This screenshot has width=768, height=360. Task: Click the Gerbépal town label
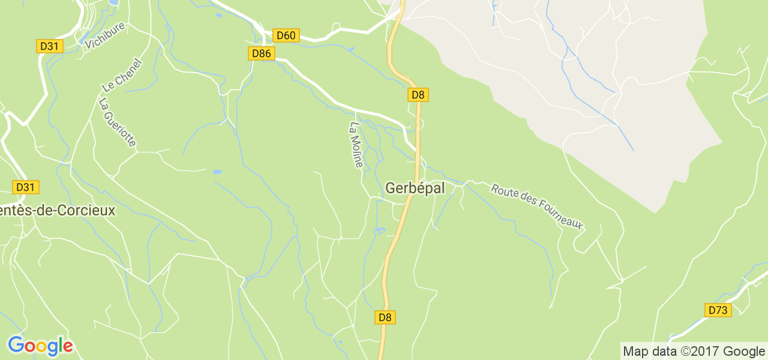[415, 188]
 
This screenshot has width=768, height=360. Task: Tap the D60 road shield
[286, 35]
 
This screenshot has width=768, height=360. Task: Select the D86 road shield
[262, 54]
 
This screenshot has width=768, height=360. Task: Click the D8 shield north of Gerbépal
[418, 94]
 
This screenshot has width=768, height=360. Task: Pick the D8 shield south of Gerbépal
[385, 317]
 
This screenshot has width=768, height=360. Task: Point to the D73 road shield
[718, 310]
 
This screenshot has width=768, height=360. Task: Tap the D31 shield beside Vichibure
[50, 46]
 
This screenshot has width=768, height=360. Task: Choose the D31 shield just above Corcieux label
[26, 187]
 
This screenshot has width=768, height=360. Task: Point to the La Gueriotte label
[117, 122]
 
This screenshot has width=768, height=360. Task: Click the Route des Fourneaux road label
[537, 206]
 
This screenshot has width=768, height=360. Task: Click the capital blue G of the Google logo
[17, 346]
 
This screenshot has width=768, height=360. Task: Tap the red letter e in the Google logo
[68, 347]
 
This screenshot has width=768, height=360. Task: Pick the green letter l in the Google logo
[60, 345]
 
